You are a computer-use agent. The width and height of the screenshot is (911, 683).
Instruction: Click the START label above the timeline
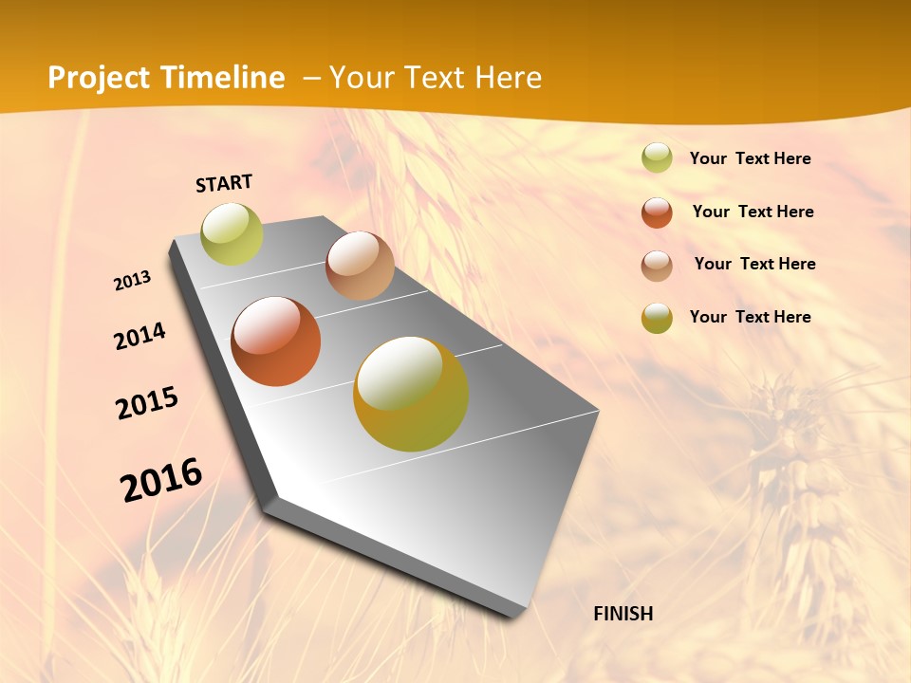click(x=224, y=183)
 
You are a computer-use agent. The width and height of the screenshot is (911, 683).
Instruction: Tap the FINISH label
click(x=623, y=614)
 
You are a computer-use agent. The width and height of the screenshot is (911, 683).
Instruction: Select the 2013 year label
click(x=133, y=281)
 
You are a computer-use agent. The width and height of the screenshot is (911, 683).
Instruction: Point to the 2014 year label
click(x=140, y=337)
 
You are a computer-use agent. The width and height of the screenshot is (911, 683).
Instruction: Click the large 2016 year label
click(x=161, y=480)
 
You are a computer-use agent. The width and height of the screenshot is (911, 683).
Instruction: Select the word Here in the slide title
click(x=508, y=78)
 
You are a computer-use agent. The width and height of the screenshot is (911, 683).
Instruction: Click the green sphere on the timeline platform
click(x=232, y=233)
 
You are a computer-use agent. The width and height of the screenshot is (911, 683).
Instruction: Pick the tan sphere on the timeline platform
click(x=360, y=266)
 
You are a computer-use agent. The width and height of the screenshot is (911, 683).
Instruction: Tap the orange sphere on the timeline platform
click(x=275, y=341)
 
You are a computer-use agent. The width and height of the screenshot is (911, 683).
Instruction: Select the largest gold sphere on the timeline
click(x=411, y=394)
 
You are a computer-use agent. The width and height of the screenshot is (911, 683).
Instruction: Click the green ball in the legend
click(x=657, y=157)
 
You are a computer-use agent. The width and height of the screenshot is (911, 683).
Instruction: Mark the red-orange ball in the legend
click(x=657, y=212)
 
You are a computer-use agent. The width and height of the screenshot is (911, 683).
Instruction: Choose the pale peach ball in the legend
click(x=657, y=265)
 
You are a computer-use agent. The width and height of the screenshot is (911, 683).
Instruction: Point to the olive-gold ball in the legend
click(x=657, y=318)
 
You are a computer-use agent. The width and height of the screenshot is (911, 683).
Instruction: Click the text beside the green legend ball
click(x=750, y=158)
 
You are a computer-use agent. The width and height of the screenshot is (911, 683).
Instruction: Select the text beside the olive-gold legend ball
click(x=750, y=317)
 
